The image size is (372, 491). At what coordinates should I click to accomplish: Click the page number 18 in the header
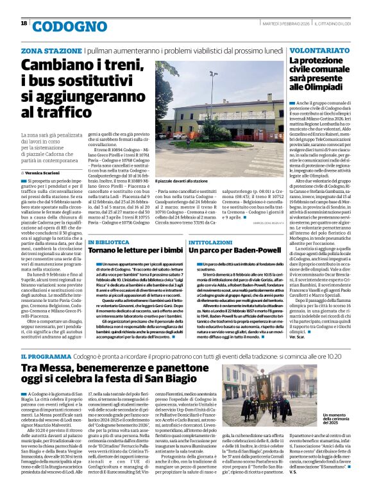click(24, 24)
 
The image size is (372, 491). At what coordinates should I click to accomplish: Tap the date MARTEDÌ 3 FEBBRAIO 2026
click(275, 23)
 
